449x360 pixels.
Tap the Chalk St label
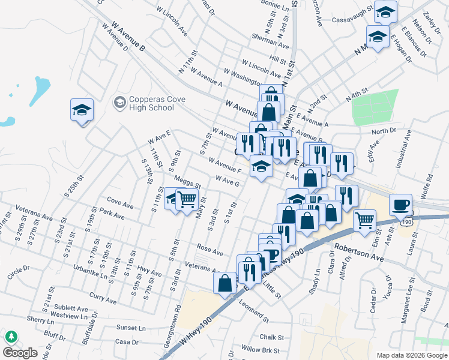click(x=271, y=338)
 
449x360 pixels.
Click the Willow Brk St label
click(x=261, y=349)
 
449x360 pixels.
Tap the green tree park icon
click(x=11, y=337)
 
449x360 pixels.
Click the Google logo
click(x=20, y=352)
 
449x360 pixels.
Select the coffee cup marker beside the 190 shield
click(x=400, y=204)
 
